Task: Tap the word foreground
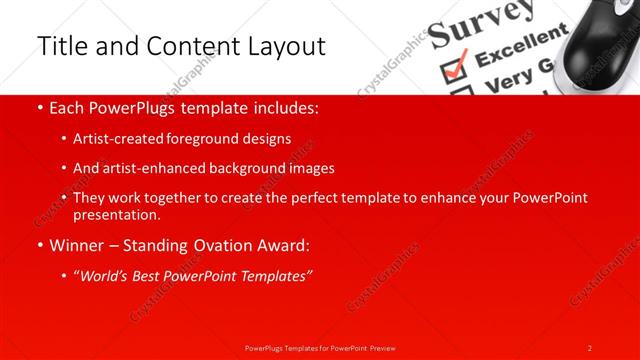point(213,140)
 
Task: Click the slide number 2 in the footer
point(590,347)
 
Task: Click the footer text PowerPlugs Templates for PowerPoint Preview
point(320,347)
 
